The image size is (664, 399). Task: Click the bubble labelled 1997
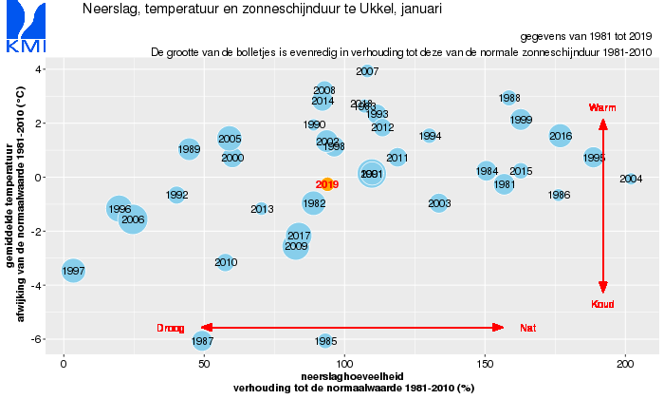[73, 271]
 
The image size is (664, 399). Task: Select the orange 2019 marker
[326, 184]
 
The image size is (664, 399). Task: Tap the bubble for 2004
[631, 179]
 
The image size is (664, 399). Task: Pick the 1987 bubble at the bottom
[202, 340]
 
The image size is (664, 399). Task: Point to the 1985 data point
[325, 340]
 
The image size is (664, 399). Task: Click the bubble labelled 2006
[133, 219]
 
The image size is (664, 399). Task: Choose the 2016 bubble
[561, 136]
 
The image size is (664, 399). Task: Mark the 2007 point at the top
[367, 71]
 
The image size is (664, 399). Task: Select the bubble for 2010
[225, 261]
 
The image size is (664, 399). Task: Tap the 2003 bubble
[438, 203]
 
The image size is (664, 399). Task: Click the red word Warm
[602, 108]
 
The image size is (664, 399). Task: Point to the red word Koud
[603, 304]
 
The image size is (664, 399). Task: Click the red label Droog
[171, 328]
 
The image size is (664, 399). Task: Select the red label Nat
[528, 328]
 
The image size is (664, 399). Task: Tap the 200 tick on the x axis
[624, 364]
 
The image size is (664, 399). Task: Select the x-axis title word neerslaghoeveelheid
[354, 377]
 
